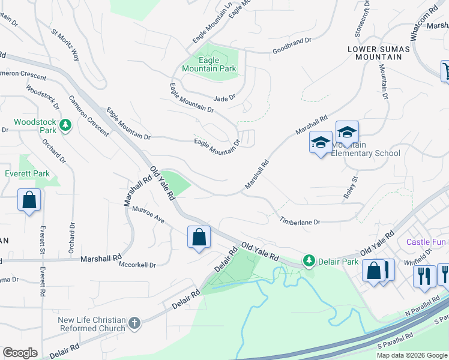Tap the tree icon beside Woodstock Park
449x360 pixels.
(x=65, y=125)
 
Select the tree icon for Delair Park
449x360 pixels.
(x=309, y=261)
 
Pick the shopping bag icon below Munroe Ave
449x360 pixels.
(x=199, y=237)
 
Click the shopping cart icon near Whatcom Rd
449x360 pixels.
(x=446, y=71)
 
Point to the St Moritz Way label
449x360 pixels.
(x=65, y=46)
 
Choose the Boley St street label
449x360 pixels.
(x=350, y=187)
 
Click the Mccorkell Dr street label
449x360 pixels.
(x=137, y=265)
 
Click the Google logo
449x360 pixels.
(x=20, y=353)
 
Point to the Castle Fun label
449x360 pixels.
(x=426, y=242)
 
